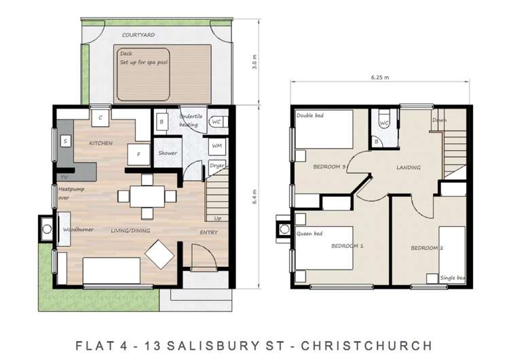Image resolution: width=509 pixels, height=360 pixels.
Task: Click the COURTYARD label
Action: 138,34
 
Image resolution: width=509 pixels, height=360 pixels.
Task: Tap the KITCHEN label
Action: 100,143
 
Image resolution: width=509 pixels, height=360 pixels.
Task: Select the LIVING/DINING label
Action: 130,231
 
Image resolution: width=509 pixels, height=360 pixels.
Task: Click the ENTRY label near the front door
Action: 208,232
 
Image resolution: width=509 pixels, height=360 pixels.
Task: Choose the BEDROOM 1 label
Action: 347,246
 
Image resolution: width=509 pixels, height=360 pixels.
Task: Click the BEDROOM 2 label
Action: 427,248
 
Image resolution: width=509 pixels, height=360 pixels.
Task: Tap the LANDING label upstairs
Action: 408,167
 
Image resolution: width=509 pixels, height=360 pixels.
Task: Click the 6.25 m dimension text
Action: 380,77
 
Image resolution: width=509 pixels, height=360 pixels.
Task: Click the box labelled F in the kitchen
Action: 139,154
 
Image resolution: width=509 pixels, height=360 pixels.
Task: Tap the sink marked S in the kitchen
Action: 65,141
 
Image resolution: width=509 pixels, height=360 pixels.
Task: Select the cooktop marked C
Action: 100,118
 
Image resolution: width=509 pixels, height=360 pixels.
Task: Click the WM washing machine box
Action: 216,145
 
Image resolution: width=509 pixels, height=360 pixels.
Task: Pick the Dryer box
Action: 216,165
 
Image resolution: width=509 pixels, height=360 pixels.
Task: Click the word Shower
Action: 167,153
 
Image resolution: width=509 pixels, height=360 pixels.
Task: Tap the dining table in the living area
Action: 147,196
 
